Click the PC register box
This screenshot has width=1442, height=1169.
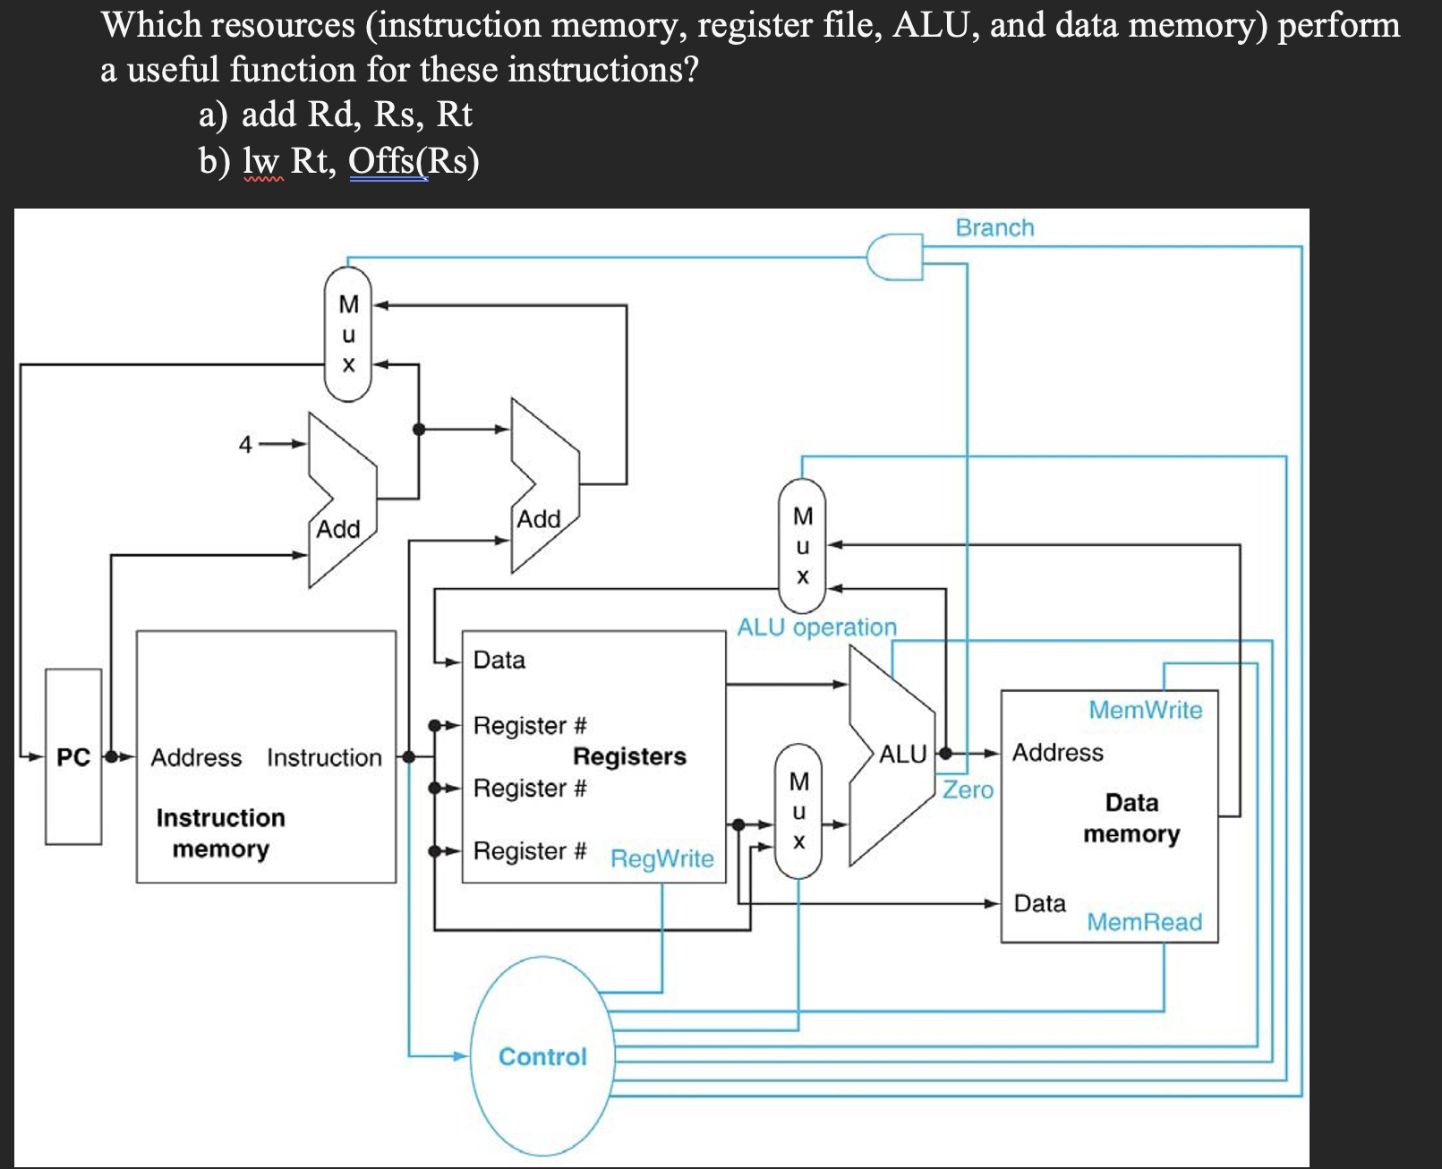pos(73,756)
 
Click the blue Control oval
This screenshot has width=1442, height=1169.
pos(542,1056)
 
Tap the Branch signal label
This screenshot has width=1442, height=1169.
pos(994,227)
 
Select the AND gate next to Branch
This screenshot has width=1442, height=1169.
pos(894,257)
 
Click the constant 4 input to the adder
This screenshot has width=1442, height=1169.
pos(245,444)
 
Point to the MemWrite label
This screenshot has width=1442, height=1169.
pos(1145,710)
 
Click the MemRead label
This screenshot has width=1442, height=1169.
pos(1144,922)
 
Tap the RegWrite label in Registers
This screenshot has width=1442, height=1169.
pos(661,858)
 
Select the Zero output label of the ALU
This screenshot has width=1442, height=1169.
pos(968,789)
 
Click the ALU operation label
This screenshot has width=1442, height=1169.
pos(816,627)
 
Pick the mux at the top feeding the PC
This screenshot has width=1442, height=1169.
pos(348,334)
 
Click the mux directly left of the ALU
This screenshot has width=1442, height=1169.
pos(798,811)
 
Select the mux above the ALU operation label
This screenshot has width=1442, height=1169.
pos(802,545)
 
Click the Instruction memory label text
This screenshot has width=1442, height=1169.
pos(220,833)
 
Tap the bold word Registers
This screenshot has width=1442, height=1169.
pos(629,756)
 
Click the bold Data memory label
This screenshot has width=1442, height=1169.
pos(1131,818)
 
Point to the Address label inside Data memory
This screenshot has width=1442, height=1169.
pos(1057,752)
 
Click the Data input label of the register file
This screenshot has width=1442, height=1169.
pos(499,660)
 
